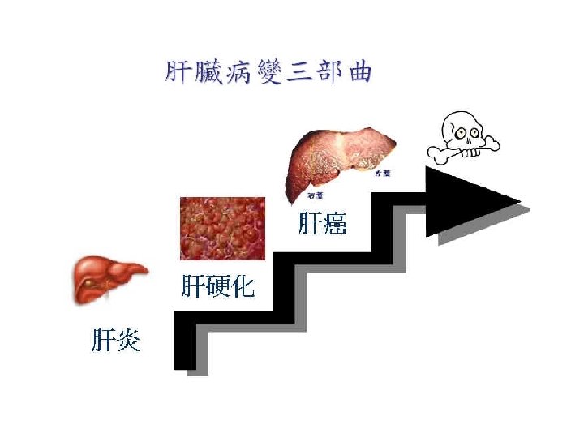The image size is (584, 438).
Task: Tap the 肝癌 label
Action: (x=322, y=223)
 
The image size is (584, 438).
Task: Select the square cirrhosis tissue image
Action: (x=223, y=229)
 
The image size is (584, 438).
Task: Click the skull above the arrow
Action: (x=462, y=131)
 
